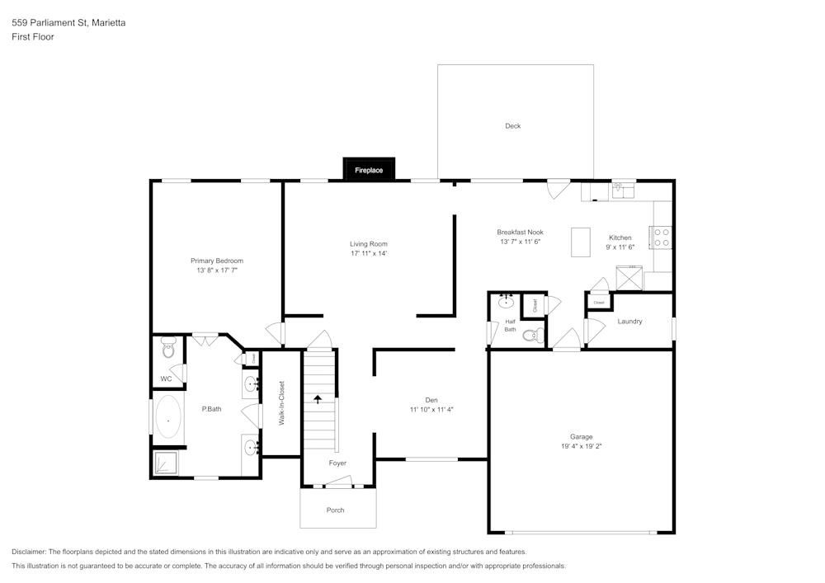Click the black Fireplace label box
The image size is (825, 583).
pyautogui.click(x=369, y=169)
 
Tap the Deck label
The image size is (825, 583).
pyautogui.click(x=513, y=126)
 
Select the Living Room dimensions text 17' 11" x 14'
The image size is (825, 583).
pyautogui.click(x=368, y=254)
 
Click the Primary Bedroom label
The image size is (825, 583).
pyautogui.click(x=217, y=261)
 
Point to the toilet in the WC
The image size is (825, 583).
pyautogui.click(x=169, y=349)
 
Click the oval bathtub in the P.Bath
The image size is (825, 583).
pyautogui.click(x=169, y=421)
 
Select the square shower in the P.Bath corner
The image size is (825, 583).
pyautogui.click(x=168, y=463)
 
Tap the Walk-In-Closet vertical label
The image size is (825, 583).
pyautogui.click(x=281, y=402)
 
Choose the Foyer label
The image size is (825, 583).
pyautogui.click(x=337, y=463)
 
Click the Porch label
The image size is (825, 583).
pyautogui.click(x=336, y=510)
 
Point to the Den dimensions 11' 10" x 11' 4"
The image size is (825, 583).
pyautogui.click(x=431, y=409)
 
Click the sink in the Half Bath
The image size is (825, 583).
pyautogui.click(x=507, y=303)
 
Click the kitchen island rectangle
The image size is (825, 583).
pyautogui.click(x=581, y=242)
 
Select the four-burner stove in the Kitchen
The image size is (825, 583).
pyautogui.click(x=662, y=237)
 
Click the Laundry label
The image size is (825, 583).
pyautogui.click(x=629, y=322)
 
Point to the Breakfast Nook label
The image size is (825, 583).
pyautogui.click(x=520, y=232)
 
